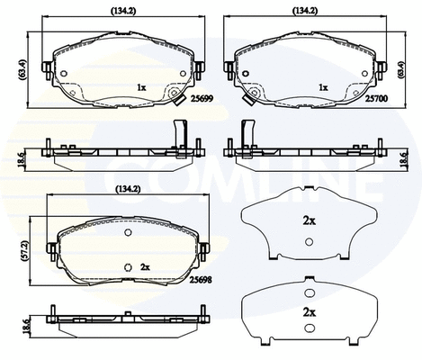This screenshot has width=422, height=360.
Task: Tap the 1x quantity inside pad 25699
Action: point(140,87)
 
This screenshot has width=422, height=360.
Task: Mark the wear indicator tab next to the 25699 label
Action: point(177,100)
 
